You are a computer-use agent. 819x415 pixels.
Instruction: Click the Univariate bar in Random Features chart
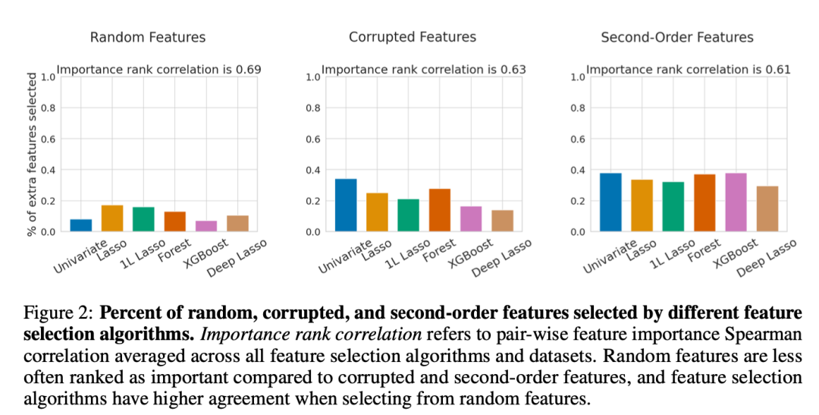[81, 225]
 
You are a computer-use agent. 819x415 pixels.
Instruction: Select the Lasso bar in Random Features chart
[112, 219]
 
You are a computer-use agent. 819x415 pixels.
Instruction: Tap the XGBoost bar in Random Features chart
[206, 226]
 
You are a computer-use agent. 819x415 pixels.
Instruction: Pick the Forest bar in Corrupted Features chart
[439, 210]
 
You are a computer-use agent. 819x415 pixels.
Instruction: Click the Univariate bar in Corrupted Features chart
[346, 205]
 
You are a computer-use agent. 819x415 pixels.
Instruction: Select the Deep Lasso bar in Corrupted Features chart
[502, 221]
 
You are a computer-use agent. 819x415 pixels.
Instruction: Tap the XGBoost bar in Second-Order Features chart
[736, 203]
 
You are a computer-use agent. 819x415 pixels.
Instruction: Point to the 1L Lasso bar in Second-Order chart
[673, 206]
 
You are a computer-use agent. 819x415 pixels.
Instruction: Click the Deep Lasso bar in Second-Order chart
[767, 209]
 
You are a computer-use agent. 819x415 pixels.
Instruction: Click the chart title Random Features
[147, 37]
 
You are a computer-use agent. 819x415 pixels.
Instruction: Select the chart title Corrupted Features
[412, 37]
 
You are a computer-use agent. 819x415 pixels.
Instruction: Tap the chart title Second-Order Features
[676, 37]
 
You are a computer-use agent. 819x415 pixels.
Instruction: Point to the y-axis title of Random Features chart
[32, 154]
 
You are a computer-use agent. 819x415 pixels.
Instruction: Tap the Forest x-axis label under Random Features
[170, 250]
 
